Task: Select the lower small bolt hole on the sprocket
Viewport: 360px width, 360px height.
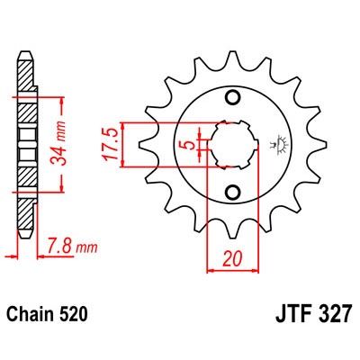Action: click(x=231, y=191)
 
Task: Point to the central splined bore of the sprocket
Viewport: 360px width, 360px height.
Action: click(x=230, y=144)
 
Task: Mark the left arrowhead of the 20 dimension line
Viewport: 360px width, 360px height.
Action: click(x=211, y=268)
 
